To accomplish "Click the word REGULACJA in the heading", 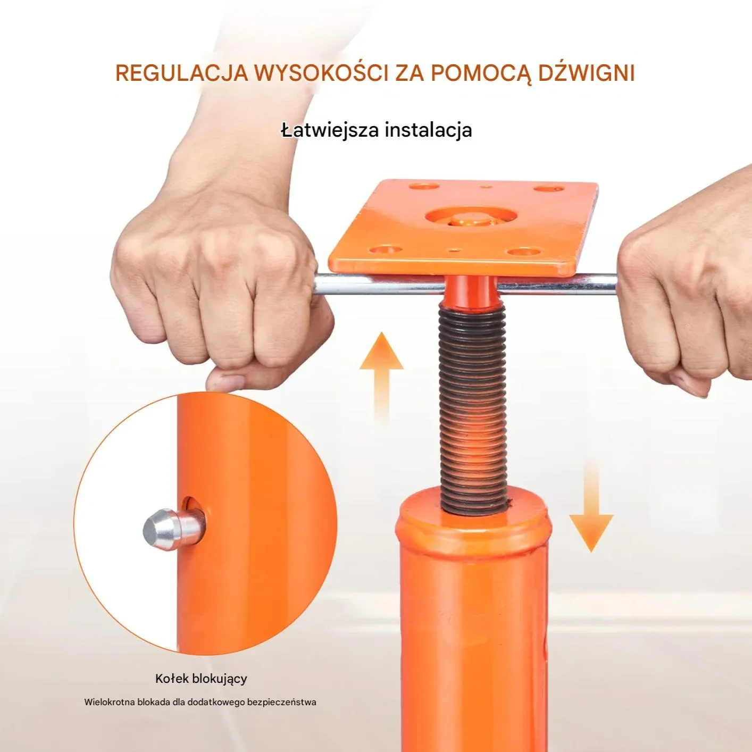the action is click(x=181, y=72).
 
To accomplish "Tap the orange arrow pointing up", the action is click(x=381, y=377).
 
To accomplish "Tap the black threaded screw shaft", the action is click(x=473, y=406).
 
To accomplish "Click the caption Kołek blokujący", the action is click(x=201, y=646).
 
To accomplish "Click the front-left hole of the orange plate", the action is click(x=386, y=250).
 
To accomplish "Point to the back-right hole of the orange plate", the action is click(x=549, y=189).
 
